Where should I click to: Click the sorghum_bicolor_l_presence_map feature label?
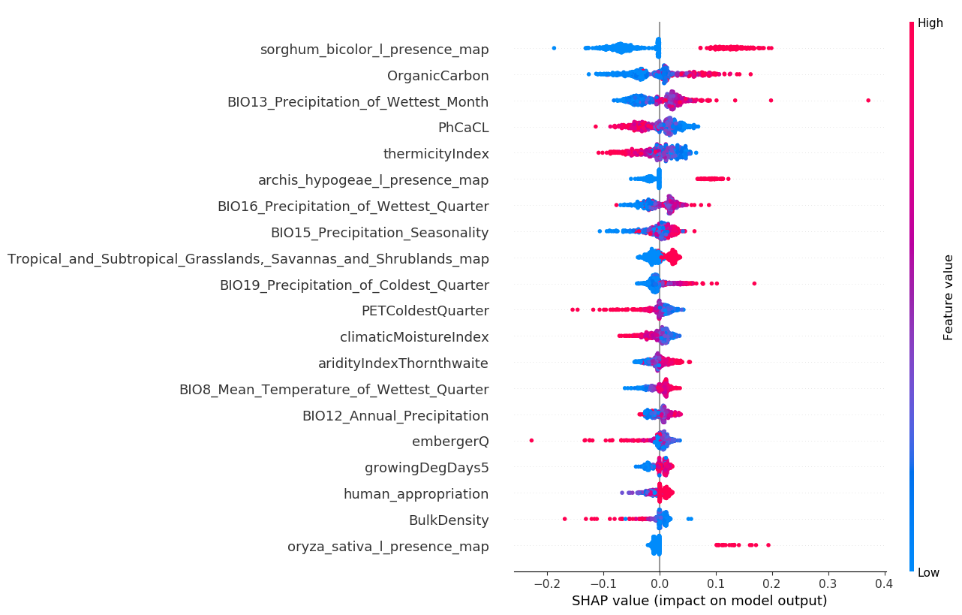374,50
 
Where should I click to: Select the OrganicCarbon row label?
437,76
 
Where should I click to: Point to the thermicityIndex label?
436,154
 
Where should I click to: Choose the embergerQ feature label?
450,442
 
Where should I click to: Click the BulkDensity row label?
448,520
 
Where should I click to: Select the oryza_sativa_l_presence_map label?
388,547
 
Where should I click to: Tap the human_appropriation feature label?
416,494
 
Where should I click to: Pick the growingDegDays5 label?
426,468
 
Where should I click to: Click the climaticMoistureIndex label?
414,337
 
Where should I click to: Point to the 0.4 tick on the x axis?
885,583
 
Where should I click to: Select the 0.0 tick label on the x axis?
660,583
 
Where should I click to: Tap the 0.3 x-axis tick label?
828,583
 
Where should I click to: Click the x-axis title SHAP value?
699,601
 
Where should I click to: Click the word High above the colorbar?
930,23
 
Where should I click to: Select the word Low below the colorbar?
928,573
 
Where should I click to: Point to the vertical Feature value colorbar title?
948,297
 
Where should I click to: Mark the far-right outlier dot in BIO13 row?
868,100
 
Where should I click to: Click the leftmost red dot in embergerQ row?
531,440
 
